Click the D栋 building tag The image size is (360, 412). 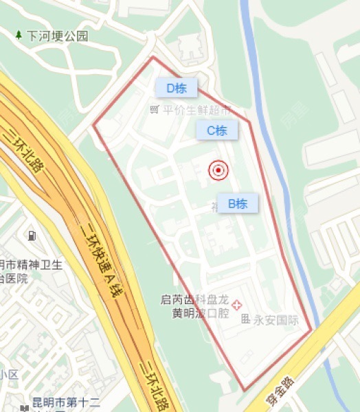coord(176,88)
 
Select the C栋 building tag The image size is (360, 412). coord(217,130)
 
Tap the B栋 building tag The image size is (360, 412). coord(238,203)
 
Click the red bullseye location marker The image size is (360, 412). coord(218,170)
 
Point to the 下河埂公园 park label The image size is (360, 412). coord(58,36)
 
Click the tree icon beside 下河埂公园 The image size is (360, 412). coord(19,34)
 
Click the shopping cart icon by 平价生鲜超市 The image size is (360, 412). coord(156,110)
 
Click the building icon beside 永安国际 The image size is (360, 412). coord(245,319)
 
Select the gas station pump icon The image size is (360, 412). coord(32,237)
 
